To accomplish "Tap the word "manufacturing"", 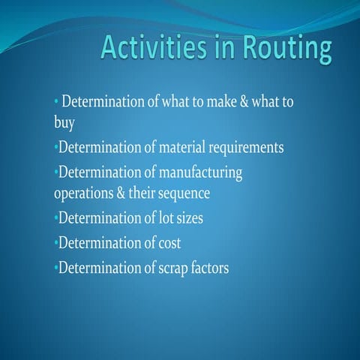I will point(200,172).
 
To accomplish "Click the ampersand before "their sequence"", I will point(124,193).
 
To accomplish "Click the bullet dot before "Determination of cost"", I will point(56,243).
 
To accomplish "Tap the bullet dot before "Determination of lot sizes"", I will point(56,219).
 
